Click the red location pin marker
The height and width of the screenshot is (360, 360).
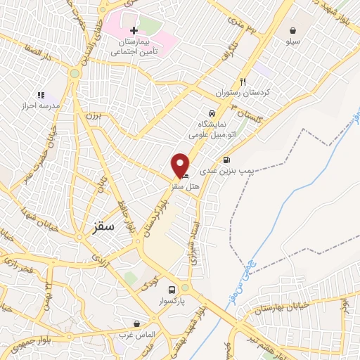click(x=180, y=165)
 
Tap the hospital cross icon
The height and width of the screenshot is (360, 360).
click(x=134, y=31)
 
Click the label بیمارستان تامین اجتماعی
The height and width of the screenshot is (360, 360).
click(x=134, y=47)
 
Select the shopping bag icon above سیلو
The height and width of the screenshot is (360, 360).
click(x=292, y=30)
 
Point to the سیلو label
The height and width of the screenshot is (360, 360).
click(x=292, y=42)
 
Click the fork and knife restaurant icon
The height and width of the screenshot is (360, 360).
click(x=243, y=81)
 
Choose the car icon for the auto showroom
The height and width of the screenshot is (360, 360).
click(x=210, y=113)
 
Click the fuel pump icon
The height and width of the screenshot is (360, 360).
click(x=226, y=160)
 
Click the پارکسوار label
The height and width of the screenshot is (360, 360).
click(x=172, y=301)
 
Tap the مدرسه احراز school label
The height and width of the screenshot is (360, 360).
click(x=40, y=106)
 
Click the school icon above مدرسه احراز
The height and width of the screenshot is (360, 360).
click(x=40, y=95)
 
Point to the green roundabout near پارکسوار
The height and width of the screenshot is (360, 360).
click(x=185, y=288)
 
